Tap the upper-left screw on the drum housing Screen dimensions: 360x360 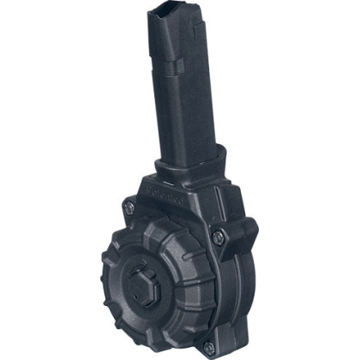(129, 205)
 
